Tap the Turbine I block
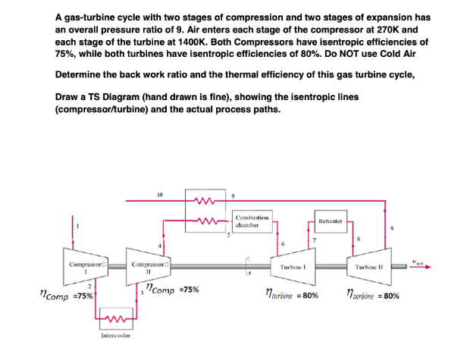pyautogui.click(x=291, y=268)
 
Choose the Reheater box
pyautogui.click(x=330, y=222)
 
